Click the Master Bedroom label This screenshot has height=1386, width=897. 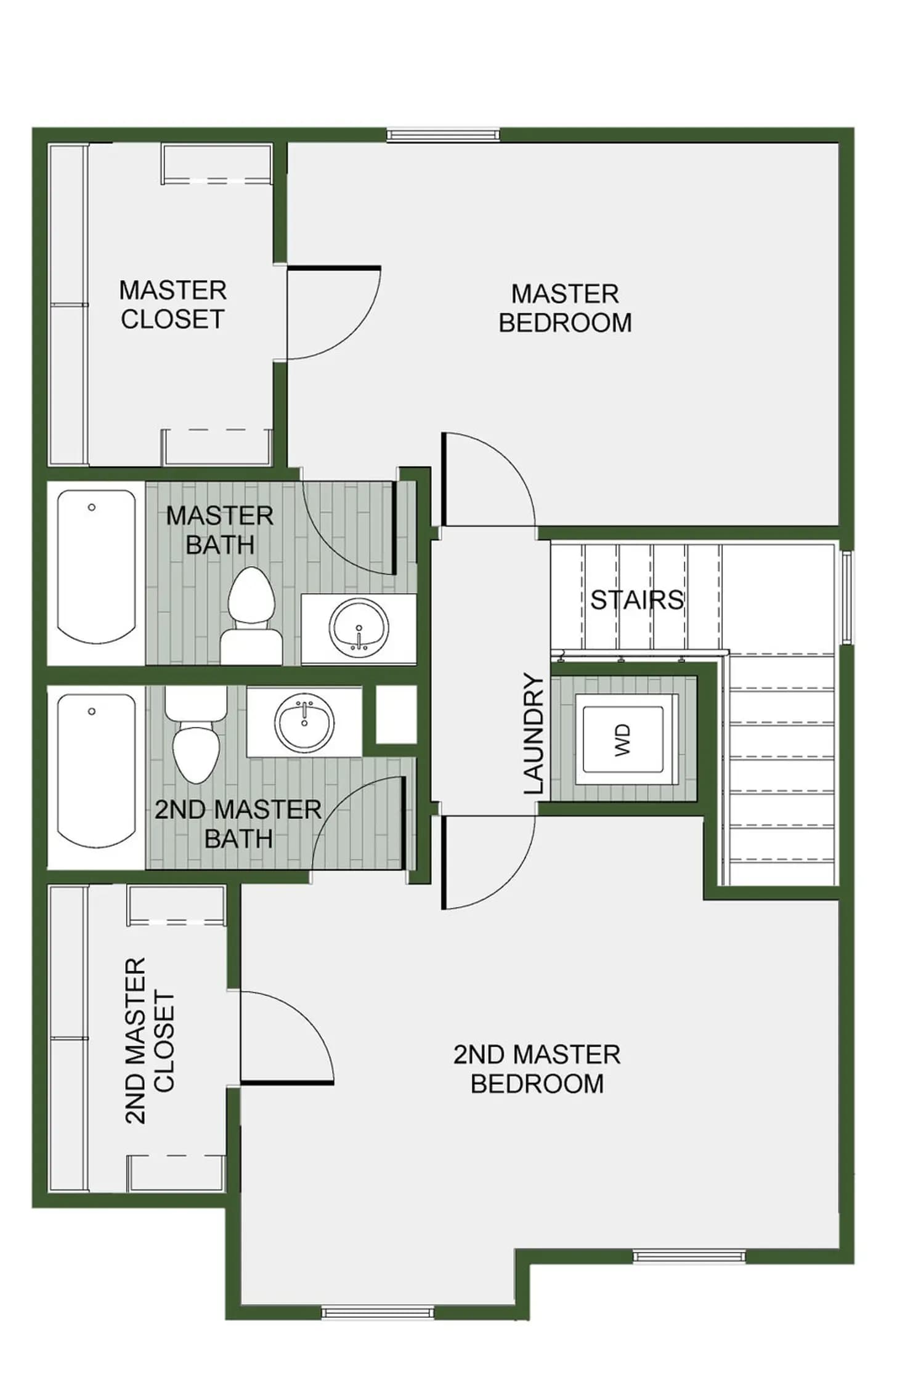[565, 308]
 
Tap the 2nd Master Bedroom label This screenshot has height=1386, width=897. [537, 1069]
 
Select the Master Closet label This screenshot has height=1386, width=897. [173, 304]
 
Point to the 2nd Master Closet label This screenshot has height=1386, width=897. [150, 1040]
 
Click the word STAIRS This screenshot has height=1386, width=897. [637, 599]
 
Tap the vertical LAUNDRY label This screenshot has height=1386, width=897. [534, 733]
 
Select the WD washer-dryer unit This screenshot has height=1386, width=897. [623, 739]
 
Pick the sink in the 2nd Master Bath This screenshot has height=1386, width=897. [304, 723]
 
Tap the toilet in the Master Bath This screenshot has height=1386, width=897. [251, 616]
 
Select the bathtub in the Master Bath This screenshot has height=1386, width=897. [96, 573]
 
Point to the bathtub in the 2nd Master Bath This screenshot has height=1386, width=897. [96, 777]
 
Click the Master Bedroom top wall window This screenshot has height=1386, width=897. [444, 135]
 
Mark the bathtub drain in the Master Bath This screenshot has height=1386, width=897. [92, 508]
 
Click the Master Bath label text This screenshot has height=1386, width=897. [220, 530]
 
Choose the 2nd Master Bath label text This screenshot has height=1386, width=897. [238, 824]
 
